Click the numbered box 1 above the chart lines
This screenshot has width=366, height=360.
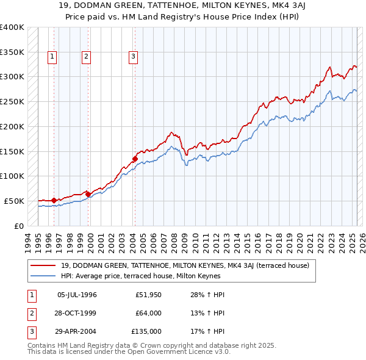(53, 57)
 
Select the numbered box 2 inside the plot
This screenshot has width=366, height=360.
(87, 57)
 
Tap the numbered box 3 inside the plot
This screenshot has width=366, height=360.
(133, 57)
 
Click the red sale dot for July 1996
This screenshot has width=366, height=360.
(54, 200)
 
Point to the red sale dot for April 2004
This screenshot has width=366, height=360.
(135, 159)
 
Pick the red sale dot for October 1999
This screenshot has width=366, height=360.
(88, 194)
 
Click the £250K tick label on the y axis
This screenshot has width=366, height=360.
(12, 101)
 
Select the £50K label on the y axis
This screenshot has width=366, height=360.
(15, 201)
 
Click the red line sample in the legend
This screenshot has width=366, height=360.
(43, 265)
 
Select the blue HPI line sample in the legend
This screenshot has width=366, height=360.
(43, 276)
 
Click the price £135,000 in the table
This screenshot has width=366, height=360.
(146, 331)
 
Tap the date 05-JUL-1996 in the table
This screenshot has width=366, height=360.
(77, 295)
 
